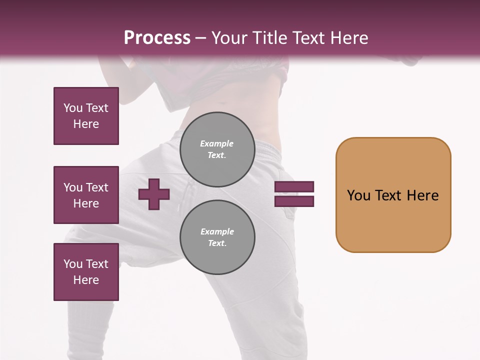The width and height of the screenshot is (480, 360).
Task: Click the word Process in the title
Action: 157,38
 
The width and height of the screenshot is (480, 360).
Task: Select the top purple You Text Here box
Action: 86,116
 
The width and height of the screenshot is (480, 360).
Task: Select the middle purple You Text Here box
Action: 86,195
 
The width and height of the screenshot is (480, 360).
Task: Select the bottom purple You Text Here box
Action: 86,272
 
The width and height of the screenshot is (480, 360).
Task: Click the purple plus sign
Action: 154,194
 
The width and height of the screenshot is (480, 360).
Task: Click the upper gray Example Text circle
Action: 217,149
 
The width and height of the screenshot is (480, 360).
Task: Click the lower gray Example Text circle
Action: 217,237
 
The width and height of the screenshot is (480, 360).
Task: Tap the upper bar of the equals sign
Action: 294,186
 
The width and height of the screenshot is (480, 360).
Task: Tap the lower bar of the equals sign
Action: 294,201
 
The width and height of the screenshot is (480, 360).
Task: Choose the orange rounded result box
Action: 393,195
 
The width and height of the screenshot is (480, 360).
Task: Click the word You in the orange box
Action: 358,195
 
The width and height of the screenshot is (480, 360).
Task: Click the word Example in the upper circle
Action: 216,143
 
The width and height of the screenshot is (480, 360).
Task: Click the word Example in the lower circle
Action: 217,231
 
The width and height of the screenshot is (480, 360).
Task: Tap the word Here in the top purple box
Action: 86,124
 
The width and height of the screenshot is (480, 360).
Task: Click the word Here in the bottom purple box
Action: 86,280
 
